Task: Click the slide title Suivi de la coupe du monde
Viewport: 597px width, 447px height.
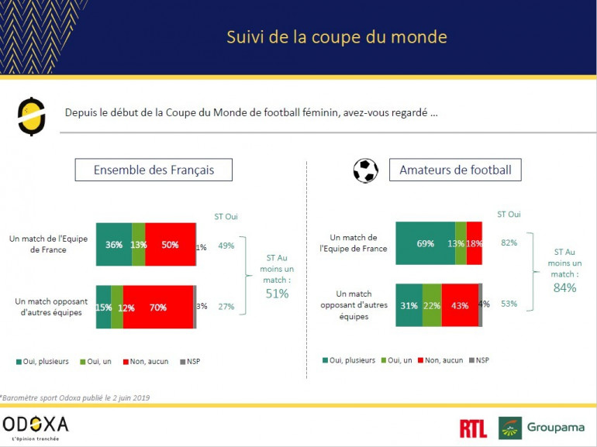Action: tap(336, 37)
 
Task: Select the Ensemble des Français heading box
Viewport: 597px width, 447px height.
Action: tap(154, 170)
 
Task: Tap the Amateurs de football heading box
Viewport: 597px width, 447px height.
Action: tap(455, 170)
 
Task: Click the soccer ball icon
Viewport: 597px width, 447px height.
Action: tap(365, 170)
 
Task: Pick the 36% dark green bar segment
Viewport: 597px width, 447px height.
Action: tap(113, 245)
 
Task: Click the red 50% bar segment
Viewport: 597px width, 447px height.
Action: tap(170, 245)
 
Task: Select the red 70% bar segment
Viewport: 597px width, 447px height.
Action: tap(158, 307)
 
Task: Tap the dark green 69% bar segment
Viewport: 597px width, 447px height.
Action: tap(425, 243)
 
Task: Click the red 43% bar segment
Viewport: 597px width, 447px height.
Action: tap(460, 305)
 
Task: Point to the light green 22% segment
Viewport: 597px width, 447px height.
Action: tap(432, 305)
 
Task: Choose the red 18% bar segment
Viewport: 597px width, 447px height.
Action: tap(474, 243)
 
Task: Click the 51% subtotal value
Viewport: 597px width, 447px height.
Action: tap(278, 294)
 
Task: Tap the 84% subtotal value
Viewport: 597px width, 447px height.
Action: tap(564, 287)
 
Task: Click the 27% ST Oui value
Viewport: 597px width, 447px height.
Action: tap(226, 307)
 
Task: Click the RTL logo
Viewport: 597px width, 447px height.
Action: tap(473, 428)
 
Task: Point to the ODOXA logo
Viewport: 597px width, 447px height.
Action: tap(36, 424)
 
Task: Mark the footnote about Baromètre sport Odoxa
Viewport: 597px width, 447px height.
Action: tap(75, 398)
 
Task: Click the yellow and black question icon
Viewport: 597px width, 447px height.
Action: tap(30, 117)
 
